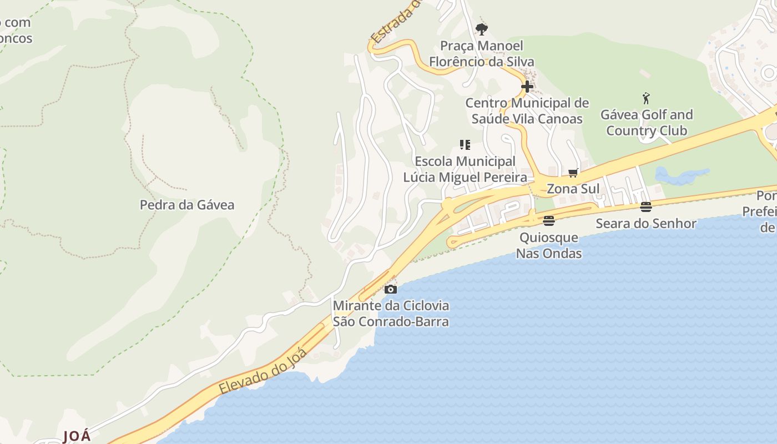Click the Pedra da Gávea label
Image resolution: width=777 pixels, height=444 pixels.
click(187, 205)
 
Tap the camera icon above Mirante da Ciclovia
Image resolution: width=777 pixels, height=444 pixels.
click(391, 289)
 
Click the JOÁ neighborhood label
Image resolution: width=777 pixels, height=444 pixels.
click(77, 436)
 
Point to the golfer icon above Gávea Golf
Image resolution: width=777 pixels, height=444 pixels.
click(646, 99)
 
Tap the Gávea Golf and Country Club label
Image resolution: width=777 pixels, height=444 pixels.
click(647, 123)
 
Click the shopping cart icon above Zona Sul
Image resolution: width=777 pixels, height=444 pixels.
click(573, 173)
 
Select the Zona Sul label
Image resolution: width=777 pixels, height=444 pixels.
click(573, 189)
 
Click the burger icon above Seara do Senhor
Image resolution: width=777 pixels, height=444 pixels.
click(646, 207)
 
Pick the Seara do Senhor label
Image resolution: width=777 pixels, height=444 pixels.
click(646, 224)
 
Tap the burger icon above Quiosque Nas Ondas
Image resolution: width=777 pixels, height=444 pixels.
click(549, 221)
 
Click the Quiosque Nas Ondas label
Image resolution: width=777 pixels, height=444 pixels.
click(549, 245)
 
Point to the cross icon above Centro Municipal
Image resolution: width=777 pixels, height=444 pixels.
click(527, 87)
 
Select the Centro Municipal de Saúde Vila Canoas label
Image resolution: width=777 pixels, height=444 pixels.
click(527, 111)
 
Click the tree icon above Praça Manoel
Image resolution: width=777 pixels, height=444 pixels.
click(482, 29)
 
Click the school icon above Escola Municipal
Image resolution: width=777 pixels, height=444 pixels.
click(465, 145)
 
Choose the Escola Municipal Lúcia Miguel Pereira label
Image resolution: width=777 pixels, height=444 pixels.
click(465, 169)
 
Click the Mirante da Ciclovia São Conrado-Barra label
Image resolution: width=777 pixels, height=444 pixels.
click(391, 314)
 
